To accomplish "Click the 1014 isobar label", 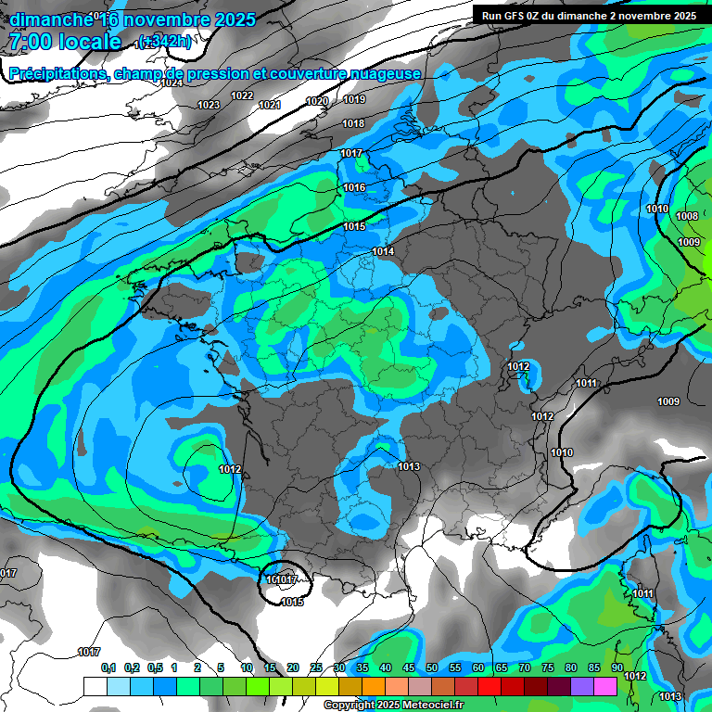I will (x=383, y=251).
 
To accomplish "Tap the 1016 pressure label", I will (x=354, y=188).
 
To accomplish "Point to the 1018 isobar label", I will (x=352, y=123).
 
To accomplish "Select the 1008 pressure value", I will (x=687, y=216).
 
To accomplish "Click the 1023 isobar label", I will (x=209, y=105).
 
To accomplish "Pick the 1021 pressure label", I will (x=270, y=105).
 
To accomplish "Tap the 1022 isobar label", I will (x=243, y=95).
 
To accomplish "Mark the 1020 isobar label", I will (x=317, y=101).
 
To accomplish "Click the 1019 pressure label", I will (x=354, y=99).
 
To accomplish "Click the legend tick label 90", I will (x=617, y=667).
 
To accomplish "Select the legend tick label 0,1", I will (x=108, y=667).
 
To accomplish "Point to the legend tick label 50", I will (x=432, y=667).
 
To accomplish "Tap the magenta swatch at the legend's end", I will (x=605, y=686).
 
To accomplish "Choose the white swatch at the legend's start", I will (x=95, y=686).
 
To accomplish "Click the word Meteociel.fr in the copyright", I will (x=427, y=706).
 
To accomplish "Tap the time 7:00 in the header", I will (x=30, y=42).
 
